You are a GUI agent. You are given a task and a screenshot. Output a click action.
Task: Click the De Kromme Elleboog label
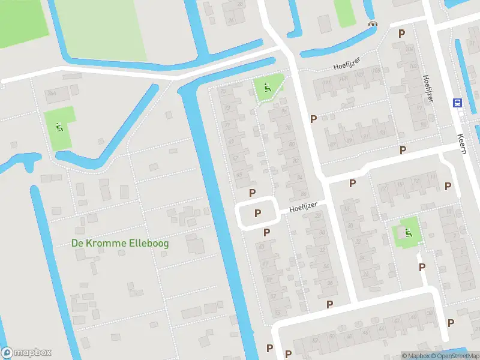click(x=120, y=243)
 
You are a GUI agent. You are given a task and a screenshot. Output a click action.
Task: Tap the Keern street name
click(x=461, y=144)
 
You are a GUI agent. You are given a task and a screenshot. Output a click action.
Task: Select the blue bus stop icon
click(x=457, y=103)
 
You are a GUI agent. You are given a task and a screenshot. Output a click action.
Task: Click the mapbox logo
click(x=26, y=353)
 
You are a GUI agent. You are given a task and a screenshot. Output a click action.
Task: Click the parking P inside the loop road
click(x=258, y=213)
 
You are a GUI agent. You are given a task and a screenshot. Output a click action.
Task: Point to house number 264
click(x=51, y=94)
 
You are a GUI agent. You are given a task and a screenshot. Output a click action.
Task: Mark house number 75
click(x=223, y=92)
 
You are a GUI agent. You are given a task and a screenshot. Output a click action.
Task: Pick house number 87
click(x=333, y=145)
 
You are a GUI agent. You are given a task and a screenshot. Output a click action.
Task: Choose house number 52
click(x=315, y=341)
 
